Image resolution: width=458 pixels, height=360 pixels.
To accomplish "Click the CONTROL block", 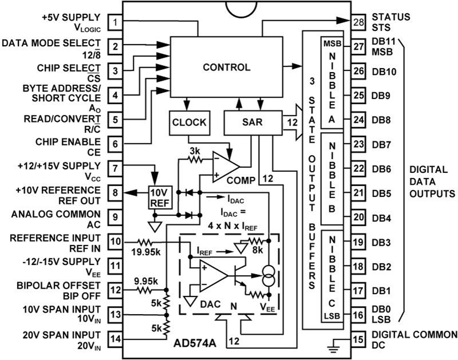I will pos(226,67).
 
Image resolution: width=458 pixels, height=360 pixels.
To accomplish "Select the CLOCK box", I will pos(189,123).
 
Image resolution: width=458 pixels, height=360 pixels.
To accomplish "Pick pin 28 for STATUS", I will pos(358,22).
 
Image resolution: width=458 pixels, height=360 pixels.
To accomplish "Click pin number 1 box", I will pos(116,22).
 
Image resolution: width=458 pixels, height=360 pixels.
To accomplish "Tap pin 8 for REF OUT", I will pos(116,193).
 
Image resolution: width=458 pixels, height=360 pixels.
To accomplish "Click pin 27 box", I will pos(358,47).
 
